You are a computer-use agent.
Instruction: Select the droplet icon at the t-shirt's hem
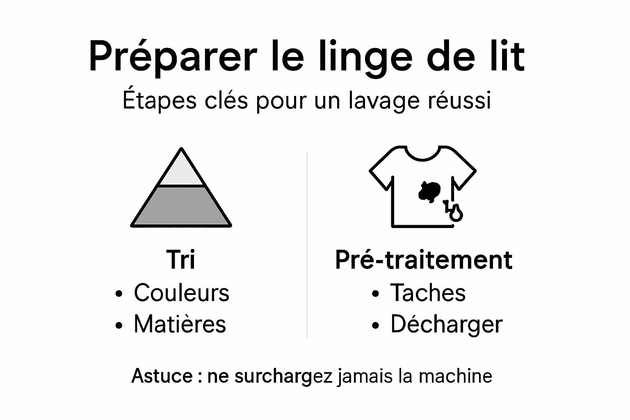tap(456, 213)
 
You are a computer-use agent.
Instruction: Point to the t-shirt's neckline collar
tap(422, 155)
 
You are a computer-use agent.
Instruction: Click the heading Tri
tap(180, 260)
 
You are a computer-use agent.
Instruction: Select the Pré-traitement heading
tap(424, 260)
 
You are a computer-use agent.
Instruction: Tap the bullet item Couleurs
tap(181, 292)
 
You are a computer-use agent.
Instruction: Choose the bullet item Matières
tap(180, 324)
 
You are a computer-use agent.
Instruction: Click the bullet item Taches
tap(428, 292)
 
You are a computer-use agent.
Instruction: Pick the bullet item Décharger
tap(446, 324)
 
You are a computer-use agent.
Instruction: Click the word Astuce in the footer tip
tap(162, 376)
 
